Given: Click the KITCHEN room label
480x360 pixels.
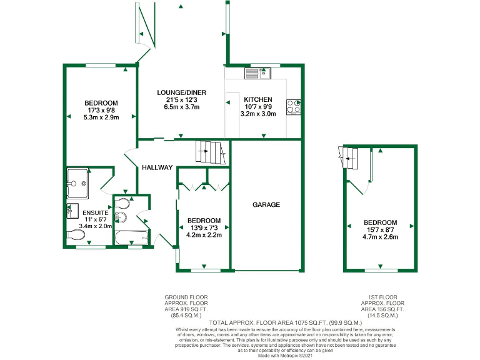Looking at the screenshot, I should coord(258,99).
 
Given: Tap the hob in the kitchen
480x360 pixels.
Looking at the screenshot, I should coord(293,107).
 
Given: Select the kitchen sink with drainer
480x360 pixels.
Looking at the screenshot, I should coord(256,74).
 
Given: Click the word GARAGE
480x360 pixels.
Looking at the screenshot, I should coord(266,204).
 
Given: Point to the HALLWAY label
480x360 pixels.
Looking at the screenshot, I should coord(157,167).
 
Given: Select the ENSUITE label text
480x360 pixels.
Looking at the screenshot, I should coord(96,213).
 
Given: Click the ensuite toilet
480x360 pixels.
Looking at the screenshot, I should coord(76,235).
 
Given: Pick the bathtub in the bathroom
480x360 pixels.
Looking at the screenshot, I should coord(131,237).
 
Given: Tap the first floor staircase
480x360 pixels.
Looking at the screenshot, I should coord(351,154).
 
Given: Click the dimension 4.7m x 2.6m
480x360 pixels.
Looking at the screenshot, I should coord(380,237).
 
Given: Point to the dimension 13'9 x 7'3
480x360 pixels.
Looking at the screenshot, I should coord(204,228).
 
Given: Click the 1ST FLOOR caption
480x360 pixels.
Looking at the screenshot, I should coord(384,297).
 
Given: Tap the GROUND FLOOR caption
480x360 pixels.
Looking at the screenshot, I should coord(186,297).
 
